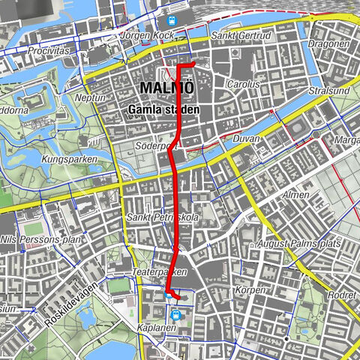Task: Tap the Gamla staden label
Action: click(x=163, y=109)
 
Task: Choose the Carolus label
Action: click(x=243, y=85)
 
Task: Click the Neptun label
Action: click(x=91, y=98)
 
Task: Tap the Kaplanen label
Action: click(x=157, y=329)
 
